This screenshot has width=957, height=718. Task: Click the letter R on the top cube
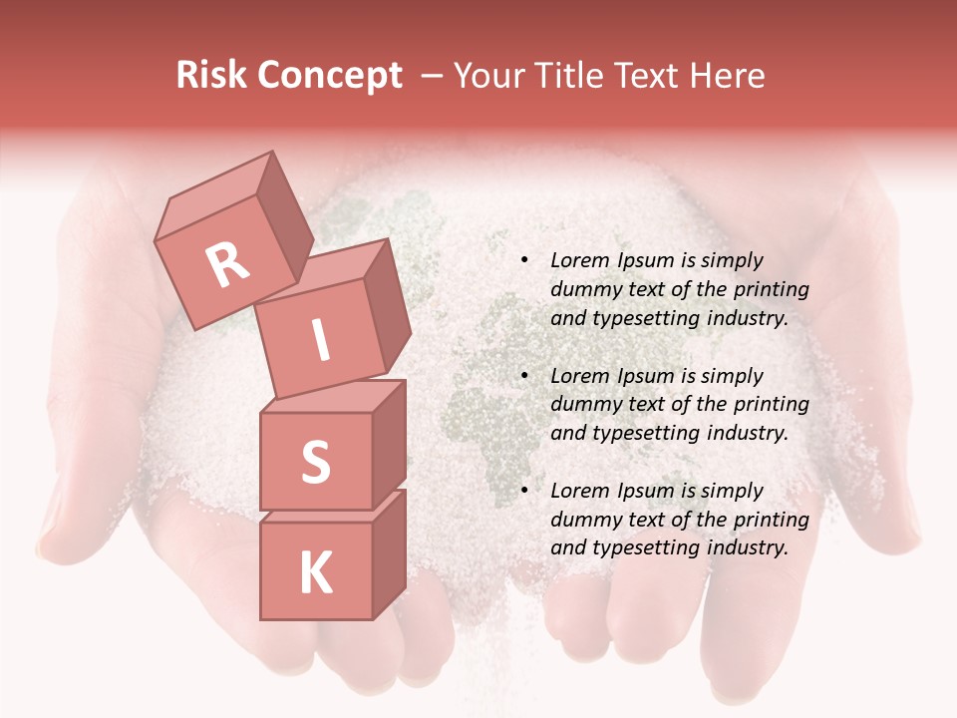(x=227, y=264)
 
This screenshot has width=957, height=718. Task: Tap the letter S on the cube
(x=315, y=462)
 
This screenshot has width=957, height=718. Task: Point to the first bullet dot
(x=524, y=261)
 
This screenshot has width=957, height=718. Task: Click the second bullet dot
(x=524, y=376)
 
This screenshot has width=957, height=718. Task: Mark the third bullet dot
(x=524, y=491)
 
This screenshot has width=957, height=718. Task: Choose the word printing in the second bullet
(x=772, y=405)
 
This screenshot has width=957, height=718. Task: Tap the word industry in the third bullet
(x=747, y=547)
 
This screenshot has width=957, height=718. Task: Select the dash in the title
(x=434, y=76)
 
